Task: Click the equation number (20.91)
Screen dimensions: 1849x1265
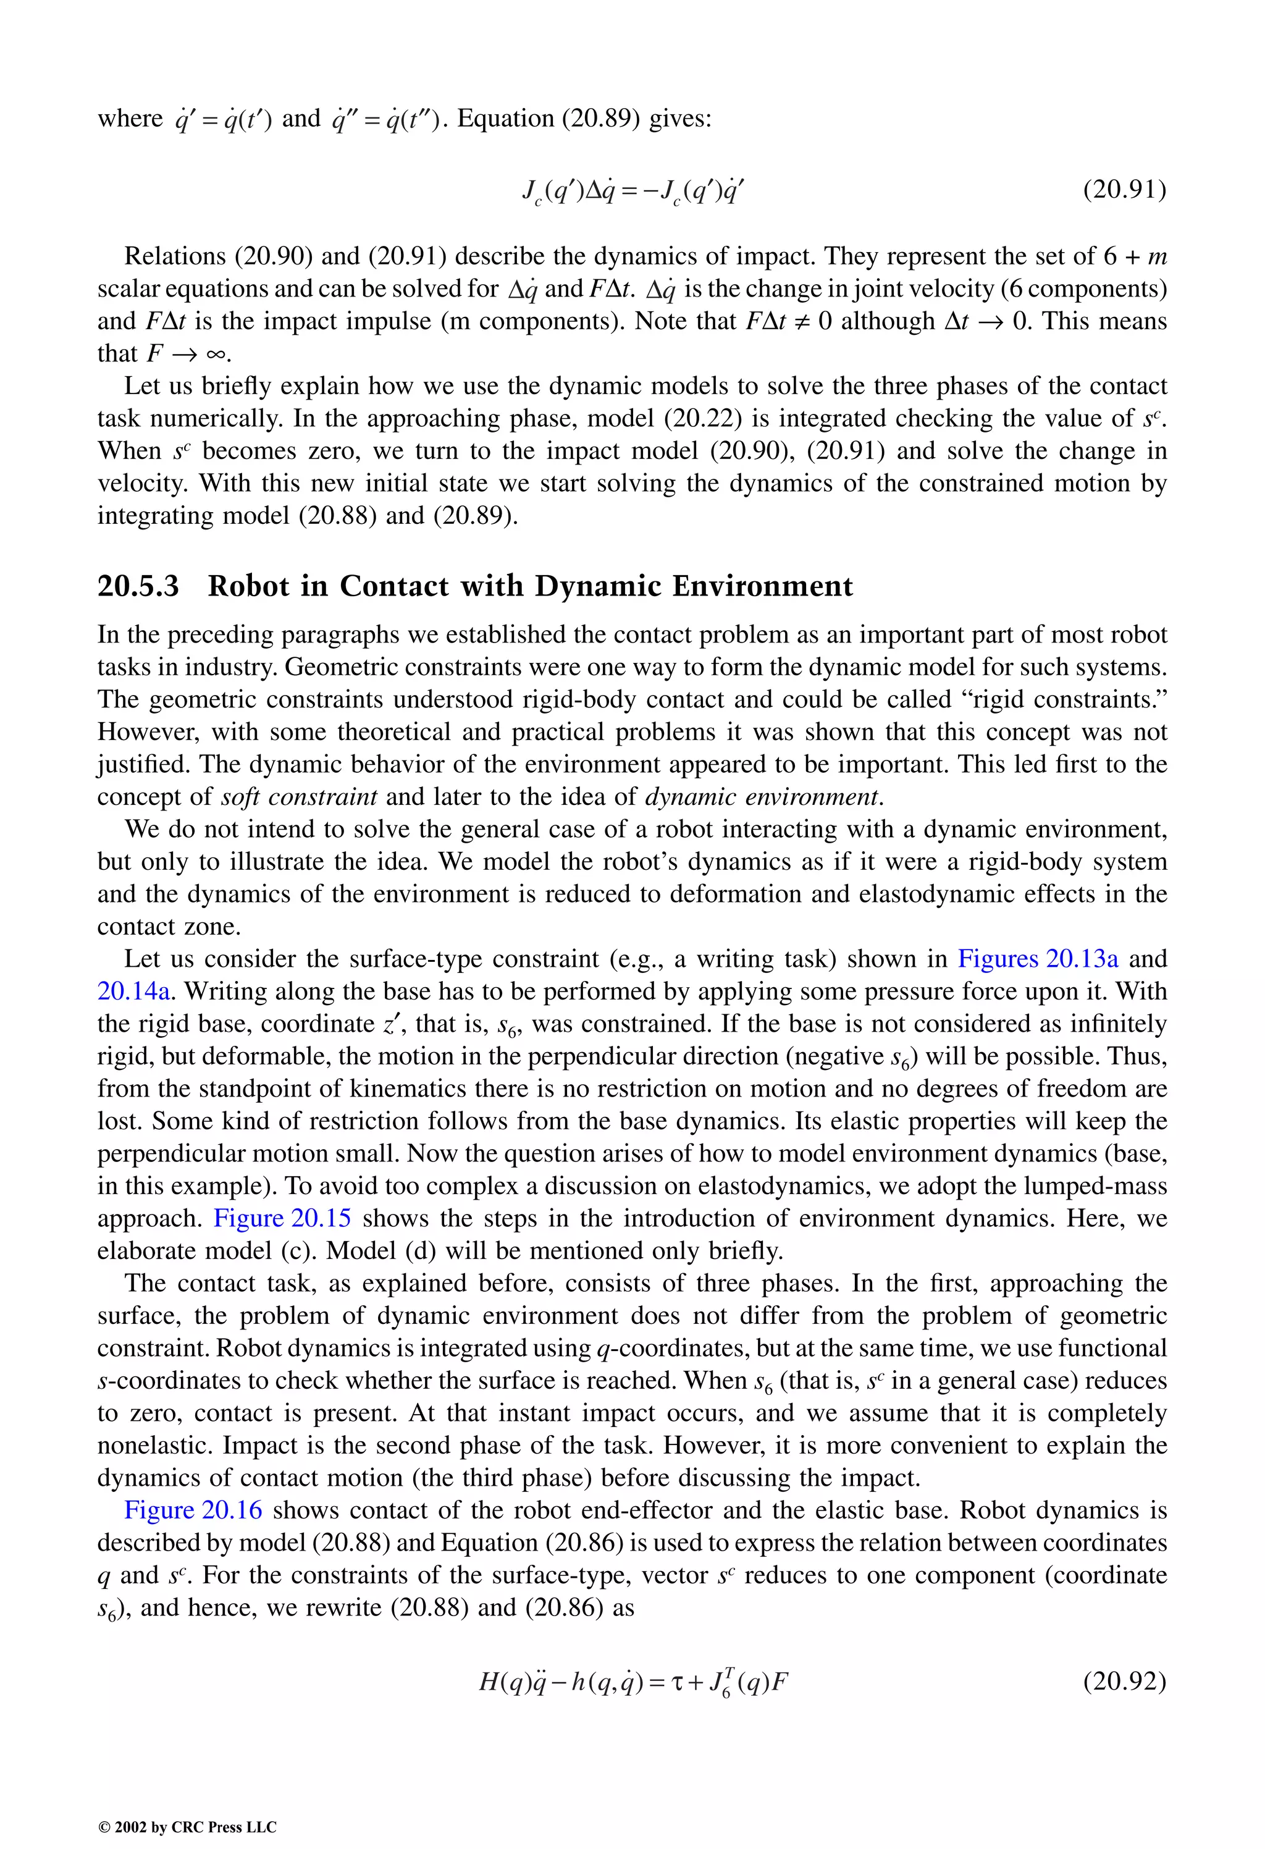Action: (1124, 190)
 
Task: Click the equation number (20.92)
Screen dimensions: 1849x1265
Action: (1124, 1681)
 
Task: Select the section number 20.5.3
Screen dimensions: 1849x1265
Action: (138, 586)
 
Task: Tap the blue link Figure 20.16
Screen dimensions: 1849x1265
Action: (193, 1510)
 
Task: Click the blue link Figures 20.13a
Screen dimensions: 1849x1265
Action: (1038, 959)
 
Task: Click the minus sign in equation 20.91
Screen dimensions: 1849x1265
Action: (636, 191)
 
